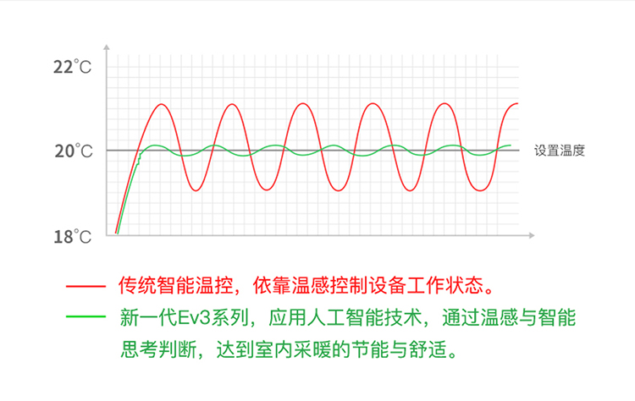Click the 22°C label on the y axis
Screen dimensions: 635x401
(73, 67)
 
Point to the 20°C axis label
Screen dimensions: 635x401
(74, 151)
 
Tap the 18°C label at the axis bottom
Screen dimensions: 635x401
(73, 237)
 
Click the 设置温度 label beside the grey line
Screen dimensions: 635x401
(560, 151)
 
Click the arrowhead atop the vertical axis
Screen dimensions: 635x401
(107, 47)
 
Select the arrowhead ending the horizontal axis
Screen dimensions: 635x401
(532, 235)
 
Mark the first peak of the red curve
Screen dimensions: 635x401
(162, 104)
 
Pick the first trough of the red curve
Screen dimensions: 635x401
(196, 190)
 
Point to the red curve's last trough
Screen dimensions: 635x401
(480, 190)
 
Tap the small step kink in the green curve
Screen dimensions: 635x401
(139, 160)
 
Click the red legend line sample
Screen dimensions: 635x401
(86, 287)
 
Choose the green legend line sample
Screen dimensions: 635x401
(86, 316)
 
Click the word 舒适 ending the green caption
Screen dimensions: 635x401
(428, 349)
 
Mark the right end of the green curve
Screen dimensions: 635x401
(511, 146)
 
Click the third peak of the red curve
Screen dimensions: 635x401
(302, 104)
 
